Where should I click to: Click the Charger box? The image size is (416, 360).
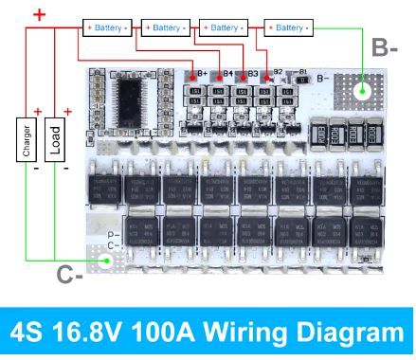coord(25,141)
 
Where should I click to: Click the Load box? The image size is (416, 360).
coord(55,141)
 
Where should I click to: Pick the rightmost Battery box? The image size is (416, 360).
coord(289,27)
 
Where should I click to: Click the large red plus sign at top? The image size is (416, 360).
coord(40,14)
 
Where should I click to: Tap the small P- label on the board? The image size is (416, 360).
coord(112,234)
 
